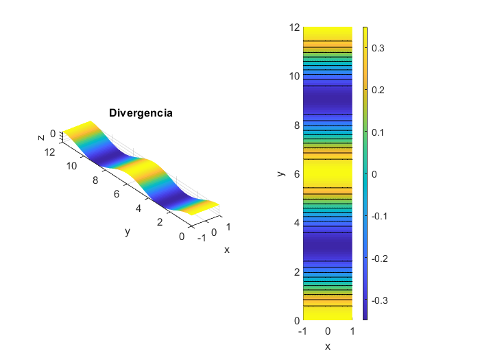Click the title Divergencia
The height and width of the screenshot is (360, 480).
[x=141, y=113]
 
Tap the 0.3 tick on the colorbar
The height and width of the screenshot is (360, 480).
[x=377, y=48]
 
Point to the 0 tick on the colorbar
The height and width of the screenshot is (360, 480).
[x=374, y=174]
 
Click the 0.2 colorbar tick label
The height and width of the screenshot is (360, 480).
[x=377, y=90]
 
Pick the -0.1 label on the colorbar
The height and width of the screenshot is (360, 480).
[x=379, y=216]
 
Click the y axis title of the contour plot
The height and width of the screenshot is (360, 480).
[x=280, y=173]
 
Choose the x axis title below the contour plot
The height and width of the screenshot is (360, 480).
[x=328, y=346]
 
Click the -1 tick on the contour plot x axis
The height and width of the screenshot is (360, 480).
[x=301, y=331]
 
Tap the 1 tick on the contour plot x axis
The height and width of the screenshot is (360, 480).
[x=352, y=331]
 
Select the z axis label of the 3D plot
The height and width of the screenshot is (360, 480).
[x=41, y=138]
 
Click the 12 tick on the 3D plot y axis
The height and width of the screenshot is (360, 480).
[x=49, y=152]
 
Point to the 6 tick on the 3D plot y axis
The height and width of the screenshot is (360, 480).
[x=117, y=193]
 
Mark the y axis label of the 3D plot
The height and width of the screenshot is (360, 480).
[x=128, y=232]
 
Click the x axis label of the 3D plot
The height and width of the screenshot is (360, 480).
[x=226, y=250]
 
